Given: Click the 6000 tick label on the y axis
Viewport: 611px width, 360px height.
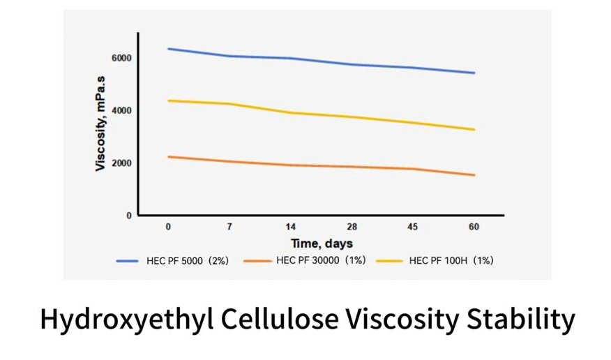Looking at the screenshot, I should click(121, 57).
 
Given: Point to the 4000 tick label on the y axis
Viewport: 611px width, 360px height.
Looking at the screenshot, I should click(121, 110).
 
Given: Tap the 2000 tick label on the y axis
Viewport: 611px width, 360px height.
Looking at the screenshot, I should click(121, 163).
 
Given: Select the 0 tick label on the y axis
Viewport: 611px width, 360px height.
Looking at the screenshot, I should click(128, 216).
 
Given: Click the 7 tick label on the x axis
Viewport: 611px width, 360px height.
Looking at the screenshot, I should click(229, 227).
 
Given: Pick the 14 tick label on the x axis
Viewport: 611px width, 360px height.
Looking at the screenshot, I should click(291, 227).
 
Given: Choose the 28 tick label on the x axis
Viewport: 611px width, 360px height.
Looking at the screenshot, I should click(352, 227).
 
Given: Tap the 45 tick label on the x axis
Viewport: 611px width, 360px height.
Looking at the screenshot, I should click(413, 227).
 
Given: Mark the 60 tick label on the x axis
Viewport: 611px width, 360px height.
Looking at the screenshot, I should click(474, 227).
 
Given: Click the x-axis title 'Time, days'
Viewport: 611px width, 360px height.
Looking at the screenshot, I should click(322, 243).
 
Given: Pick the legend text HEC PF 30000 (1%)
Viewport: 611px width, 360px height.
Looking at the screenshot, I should click(323, 261).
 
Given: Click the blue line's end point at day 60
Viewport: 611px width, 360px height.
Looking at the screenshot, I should click(474, 73).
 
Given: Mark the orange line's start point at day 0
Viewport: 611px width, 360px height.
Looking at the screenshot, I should click(169, 157).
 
